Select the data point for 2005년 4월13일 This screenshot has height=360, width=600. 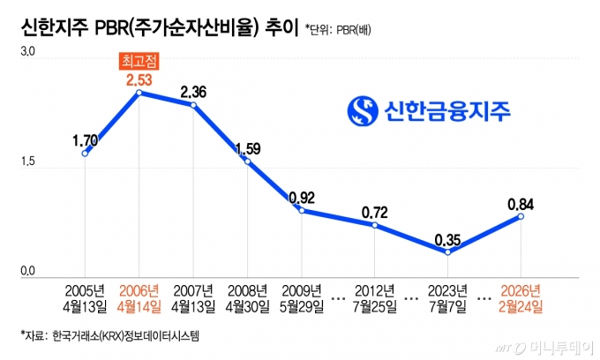(85, 153)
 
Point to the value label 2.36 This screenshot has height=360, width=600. (193, 91)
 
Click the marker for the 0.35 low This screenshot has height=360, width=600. (448, 252)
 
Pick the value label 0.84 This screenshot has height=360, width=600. (521, 204)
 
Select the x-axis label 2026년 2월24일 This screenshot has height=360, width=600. (520, 298)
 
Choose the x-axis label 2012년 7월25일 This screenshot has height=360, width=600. (375, 298)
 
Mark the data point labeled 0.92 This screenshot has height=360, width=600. (302, 210)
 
